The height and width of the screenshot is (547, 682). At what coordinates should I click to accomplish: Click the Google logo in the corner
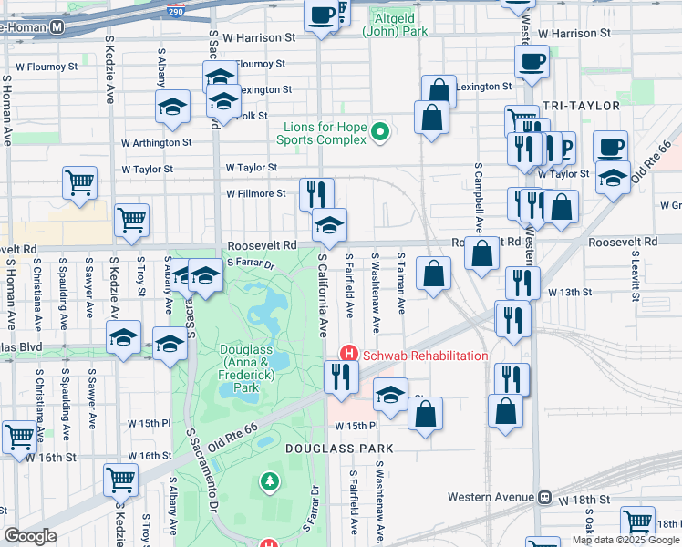[29, 536]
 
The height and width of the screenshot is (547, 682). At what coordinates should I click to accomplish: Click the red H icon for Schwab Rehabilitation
[347, 354]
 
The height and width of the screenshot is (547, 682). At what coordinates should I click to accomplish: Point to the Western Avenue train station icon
[545, 498]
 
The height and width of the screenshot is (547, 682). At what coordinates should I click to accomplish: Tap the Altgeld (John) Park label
[395, 24]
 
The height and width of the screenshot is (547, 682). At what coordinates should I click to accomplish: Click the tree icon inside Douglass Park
[269, 480]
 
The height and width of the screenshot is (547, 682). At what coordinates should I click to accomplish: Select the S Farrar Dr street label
[251, 263]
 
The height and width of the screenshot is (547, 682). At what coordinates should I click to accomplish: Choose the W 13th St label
[571, 292]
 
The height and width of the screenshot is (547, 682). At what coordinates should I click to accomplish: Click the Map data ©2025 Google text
[625, 540]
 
